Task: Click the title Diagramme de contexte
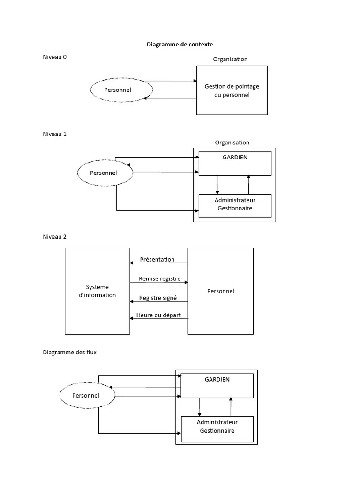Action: point(180,45)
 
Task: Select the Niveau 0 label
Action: point(54,57)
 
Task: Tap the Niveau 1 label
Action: point(54,134)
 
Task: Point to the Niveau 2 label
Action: point(54,237)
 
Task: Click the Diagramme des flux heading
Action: point(69,352)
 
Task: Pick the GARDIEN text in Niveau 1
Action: point(235,157)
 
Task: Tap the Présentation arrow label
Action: point(157,259)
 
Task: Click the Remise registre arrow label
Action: point(160,278)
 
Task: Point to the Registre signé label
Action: point(158,298)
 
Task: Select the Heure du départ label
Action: point(158,315)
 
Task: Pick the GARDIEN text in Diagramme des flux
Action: point(217,380)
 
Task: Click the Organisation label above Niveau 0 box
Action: point(230,59)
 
